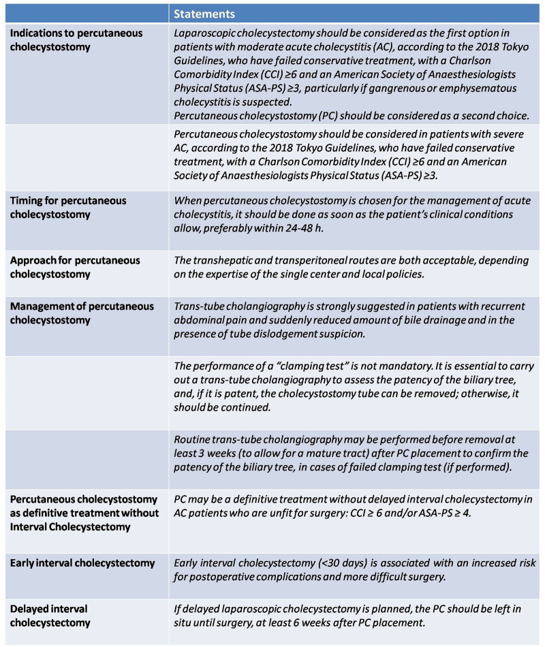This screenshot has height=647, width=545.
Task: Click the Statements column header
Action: [x=204, y=14]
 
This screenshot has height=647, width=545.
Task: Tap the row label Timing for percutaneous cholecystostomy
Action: [x=68, y=207]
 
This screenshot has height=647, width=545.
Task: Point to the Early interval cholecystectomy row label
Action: [x=82, y=563]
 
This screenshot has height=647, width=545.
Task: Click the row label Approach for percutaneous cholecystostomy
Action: [x=75, y=266]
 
